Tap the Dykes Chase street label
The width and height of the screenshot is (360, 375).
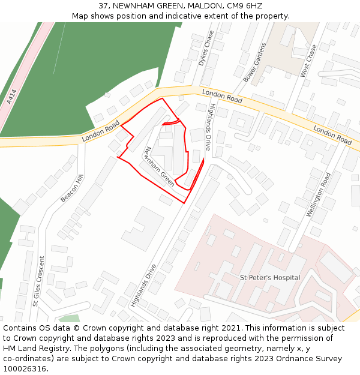(206, 48)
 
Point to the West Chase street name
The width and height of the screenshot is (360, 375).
(308, 61)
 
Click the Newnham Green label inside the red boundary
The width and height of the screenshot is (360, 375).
(160, 167)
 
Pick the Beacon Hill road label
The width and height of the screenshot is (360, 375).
(71, 188)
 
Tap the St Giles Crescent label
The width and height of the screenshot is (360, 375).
(37, 281)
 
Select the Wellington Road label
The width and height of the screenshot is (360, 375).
(318, 194)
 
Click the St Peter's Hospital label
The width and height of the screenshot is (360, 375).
(270, 278)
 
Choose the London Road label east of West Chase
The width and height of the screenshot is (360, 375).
(332, 135)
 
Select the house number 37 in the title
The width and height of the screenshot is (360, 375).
(103, 5)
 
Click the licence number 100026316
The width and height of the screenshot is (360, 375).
(25, 369)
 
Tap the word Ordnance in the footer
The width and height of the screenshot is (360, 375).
(280, 359)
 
